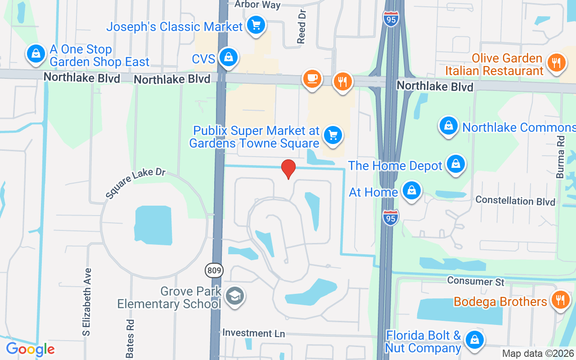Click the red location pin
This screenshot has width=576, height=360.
(x=288, y=169)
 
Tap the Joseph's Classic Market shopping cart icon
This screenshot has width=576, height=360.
(x=256, y=25)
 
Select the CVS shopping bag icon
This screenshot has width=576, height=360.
(x=229, y=58)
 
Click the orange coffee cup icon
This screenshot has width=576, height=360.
(x=312, y=79)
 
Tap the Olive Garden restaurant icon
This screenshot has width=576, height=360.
(x=556, y=63)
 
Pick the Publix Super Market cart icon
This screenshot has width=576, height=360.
(x=333, y=135)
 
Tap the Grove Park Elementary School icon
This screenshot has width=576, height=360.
(x=234, y=296)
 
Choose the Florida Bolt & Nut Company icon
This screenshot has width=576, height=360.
(x=474, y=340)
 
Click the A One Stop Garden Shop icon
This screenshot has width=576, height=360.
(x=36, y=54)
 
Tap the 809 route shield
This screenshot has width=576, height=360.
(x=214, y=271)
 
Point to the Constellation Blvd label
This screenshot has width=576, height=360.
(x=515, y=201)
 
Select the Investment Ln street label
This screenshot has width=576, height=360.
(x=254, y=333)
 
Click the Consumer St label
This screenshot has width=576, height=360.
(x=476, y=281)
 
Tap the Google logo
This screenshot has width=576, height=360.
(x=30, y=349)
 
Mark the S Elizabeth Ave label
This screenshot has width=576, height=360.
(x=87, y=302)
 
